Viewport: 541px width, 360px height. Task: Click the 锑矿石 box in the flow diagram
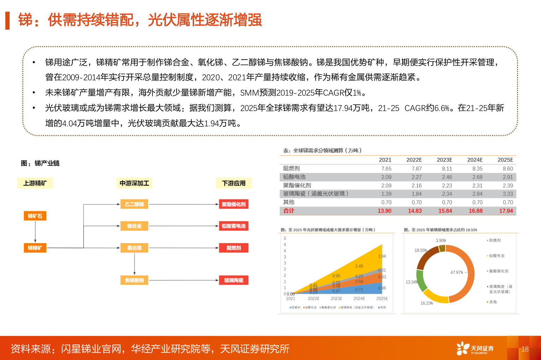coord(35,216)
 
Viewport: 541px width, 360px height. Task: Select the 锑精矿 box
coord(35,248)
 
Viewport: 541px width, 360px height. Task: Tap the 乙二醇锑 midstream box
coord(134,204)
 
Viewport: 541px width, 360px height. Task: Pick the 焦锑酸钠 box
coord(134,280)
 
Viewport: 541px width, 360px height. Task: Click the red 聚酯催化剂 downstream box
coord(233,204)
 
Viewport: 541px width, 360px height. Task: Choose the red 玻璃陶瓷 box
coord(233,280)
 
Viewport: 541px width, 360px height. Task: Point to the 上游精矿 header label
coord(35,183)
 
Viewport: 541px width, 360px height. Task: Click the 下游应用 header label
coord(234,183)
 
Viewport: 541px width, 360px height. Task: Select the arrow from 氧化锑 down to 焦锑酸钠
coord(135,264)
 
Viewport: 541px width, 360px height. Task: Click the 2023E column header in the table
coord(444,160)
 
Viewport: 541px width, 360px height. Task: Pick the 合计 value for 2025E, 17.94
coord(506,211)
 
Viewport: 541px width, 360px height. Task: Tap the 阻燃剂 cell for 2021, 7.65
coord(386,169)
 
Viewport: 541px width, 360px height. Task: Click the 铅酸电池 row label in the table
coord(294,177)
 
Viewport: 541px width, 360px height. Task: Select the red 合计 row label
coord(289,211)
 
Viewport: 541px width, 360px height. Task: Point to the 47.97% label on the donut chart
coord(456,272)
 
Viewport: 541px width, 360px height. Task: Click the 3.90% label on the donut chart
coord(441,241)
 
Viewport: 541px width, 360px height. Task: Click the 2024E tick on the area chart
coord(359,299)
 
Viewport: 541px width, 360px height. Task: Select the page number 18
coord(525,349)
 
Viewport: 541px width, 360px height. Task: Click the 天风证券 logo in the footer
coord(475,348)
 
